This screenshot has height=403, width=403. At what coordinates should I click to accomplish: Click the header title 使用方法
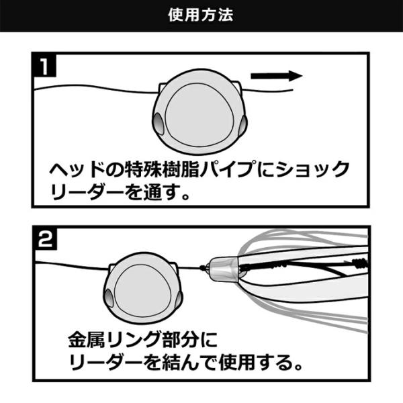pos(201,15)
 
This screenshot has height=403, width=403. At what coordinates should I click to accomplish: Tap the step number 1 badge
pos(44,67)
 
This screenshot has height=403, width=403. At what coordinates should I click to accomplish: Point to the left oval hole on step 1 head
pos(158,124)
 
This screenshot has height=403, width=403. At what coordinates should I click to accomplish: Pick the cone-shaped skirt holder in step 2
pos(224,269)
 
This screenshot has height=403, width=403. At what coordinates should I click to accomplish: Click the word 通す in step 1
pos(169,195)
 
